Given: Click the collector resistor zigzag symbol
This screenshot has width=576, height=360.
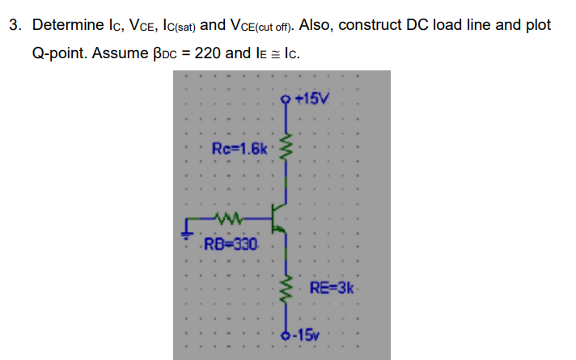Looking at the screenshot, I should click(x=283, y=148).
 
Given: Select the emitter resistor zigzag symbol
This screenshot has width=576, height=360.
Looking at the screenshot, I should click(x=283, y=288).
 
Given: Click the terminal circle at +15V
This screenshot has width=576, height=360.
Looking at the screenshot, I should click(x=283, y=100).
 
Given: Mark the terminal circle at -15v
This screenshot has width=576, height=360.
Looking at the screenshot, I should click(x=283, y=333).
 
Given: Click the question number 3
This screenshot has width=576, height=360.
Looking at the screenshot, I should click(x=15, y=25).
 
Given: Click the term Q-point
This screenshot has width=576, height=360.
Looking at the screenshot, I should click(x=58, y=54).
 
